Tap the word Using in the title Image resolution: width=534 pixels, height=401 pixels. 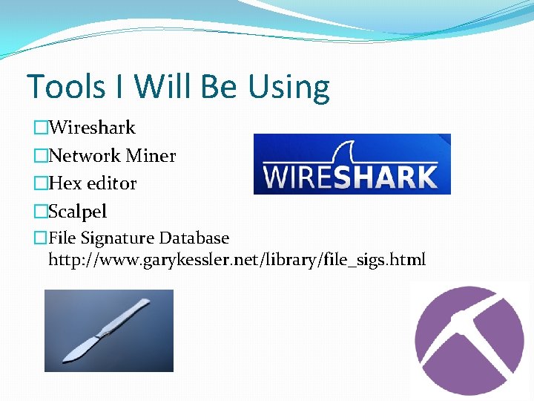pos(289,88)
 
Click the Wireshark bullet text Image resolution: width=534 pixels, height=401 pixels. pos(92,128)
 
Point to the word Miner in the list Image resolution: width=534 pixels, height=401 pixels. pos(151,156)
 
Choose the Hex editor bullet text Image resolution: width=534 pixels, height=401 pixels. pos(93,183)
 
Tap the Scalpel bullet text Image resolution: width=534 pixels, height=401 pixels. pos(77,212)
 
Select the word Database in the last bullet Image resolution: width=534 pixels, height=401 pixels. pos(195,238)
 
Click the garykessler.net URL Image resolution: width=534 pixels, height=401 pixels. pos(237,260)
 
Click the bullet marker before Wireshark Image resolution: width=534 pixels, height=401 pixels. pos(41,128)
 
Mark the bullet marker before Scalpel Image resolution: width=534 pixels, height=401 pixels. pos(41,212)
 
